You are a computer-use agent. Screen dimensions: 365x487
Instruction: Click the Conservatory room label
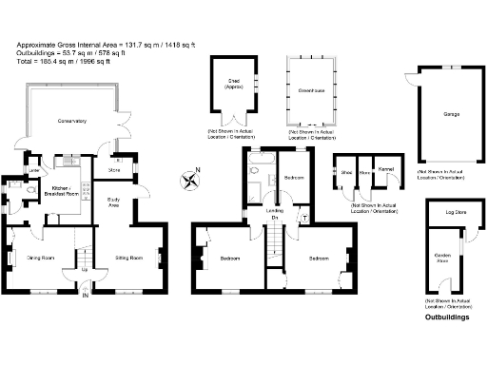pos(71,121)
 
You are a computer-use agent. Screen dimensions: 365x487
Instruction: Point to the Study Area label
pos(113,202)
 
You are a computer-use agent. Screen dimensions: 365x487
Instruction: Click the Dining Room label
pos(39,257)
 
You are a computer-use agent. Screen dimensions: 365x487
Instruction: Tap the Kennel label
pos(386,169)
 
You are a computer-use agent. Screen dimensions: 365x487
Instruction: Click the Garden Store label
pos(442,256)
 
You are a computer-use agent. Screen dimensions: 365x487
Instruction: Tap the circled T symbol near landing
pos(302,217)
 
